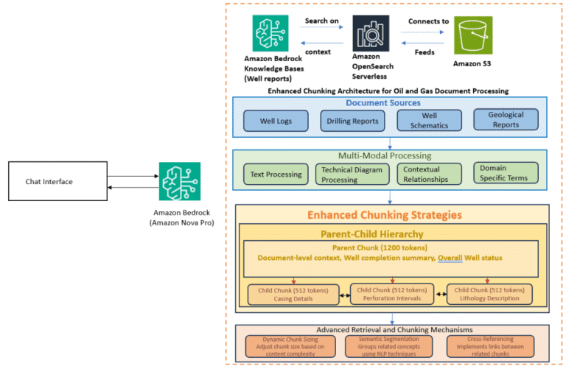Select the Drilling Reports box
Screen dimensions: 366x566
pos(353,120)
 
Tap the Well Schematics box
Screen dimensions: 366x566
pos(429,120)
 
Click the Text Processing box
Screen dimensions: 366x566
pos(274,175)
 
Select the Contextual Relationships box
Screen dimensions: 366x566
pos(428,175)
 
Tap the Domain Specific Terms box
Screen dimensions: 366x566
pos(505,174)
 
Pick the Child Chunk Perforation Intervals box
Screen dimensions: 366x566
pos(391,295)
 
